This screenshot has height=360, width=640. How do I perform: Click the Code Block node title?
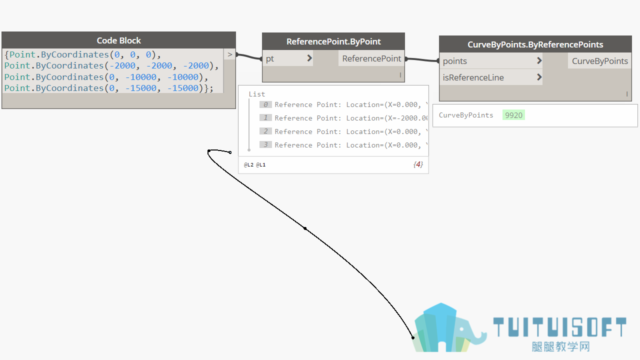(118, 40)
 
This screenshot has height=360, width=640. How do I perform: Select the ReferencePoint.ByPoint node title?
(333, 41)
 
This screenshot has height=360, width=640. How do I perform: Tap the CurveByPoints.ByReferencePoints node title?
(535, 44)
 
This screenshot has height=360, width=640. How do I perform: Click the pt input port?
(287, 58)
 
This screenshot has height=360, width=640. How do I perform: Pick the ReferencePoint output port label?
(371, 58)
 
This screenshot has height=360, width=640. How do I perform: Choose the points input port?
(491, 61)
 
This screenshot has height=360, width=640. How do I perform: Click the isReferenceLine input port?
(491, 77)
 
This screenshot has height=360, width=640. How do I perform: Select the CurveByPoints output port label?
(599, 61)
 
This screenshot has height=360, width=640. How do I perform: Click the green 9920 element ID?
(513, 115)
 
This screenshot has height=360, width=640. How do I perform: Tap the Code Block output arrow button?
(229, 54)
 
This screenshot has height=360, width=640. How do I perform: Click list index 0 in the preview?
(265, 104)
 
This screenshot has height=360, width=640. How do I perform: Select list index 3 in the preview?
(265, 145)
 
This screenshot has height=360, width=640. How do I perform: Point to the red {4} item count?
(418, 164)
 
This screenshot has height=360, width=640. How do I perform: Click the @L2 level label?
(248, 165)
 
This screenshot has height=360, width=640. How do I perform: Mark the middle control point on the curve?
(305, 228)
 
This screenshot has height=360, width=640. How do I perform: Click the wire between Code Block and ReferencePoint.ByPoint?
(249, 56)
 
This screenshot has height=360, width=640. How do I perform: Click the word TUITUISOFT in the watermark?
(559, 327)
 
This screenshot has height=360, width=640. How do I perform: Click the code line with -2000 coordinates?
(111, 65)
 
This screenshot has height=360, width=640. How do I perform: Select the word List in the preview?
(257, 94)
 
